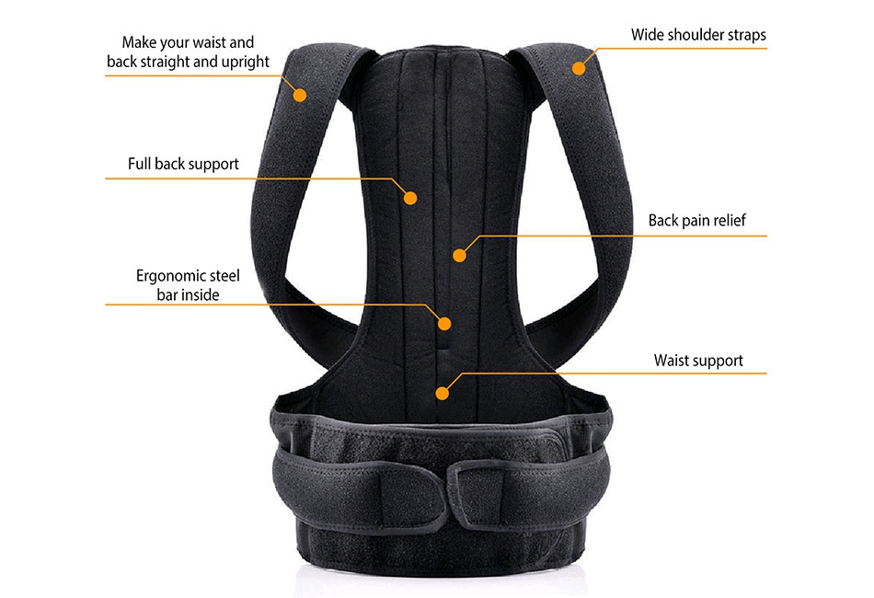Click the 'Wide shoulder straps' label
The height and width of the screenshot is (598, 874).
pyautogui.click(x=698, y=35)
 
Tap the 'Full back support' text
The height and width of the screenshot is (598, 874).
pyautogui.click(x=183, y=164)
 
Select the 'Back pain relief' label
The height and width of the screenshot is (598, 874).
pyautogui.click(x=696, y=221)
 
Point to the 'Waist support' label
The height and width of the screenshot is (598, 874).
pyautogui.click(x=698, y=361)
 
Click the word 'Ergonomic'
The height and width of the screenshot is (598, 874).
pyautogui.click(x=169, y=276)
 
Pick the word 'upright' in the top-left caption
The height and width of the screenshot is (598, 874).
pyautogui.click(x=246, y=62)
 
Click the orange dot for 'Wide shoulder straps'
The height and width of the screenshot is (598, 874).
pyautogui.click(x=579, y=69)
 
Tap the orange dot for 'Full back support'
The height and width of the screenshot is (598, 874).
pyautogui.click(x=410, y=198)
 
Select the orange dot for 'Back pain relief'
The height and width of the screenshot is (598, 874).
pyautogui.click(x=459, y=255)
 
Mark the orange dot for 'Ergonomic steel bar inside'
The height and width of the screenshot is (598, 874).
pyautogui.click(x=444, y=324)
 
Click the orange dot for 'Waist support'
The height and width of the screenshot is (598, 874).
pyautogui.click(x=442, y=394)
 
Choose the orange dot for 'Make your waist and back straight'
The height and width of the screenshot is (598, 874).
pyautogui.click(x=300, y=96)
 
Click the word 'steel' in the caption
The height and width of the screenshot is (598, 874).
pyautogui.click(x=224, y=276)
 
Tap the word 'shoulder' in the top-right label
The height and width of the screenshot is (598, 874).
pyautogui.click(x=691, y=35)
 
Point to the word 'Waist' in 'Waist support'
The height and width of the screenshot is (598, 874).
pyautogui.click(x=671, y=360)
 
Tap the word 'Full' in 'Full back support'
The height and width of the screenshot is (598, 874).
pyautogui.click(x=139, y=163)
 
